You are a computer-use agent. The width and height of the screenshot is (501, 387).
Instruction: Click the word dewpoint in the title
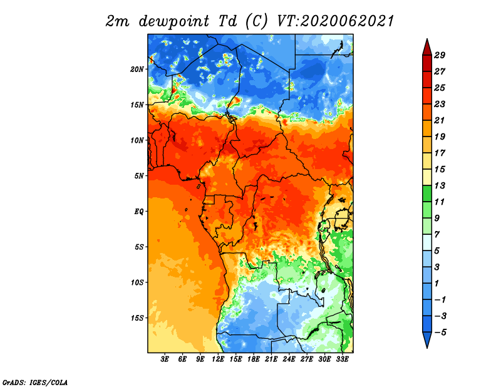pos(174,21)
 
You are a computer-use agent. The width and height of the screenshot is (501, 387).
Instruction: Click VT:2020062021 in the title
pos(335,21)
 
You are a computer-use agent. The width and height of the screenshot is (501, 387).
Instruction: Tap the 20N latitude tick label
pos(137,70)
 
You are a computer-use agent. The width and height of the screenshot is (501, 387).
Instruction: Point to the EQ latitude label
pos(139,212)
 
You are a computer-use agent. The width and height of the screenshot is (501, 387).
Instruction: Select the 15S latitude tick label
pos(137,318)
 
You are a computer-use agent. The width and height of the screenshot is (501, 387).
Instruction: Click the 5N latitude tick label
pos(139,176)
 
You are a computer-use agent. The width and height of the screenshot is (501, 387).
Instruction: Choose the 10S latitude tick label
pos(137,282)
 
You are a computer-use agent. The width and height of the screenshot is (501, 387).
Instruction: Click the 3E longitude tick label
pos(165,359)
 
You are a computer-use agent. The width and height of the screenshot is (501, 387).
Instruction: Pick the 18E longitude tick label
pos(254,359)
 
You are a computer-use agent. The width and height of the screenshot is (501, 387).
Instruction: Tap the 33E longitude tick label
pos(342,359)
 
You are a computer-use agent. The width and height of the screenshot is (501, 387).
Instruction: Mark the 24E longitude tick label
pos(289,359)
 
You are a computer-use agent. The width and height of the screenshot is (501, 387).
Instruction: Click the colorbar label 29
pos(440,55)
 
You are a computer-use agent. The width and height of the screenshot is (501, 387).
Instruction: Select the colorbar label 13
pos(440,185)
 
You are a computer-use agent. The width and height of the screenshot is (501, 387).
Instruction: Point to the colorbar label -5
pos(440,333)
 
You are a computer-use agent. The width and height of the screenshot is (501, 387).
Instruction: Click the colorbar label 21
pos(440,120)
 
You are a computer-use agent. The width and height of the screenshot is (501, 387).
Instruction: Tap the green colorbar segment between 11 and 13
pos(427,194)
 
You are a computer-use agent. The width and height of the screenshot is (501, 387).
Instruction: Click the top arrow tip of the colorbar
pos(427,39)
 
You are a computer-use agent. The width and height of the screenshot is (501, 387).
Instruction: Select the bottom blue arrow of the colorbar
pos(427,339)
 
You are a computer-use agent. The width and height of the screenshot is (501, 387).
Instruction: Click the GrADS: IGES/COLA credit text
pos(35,382)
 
